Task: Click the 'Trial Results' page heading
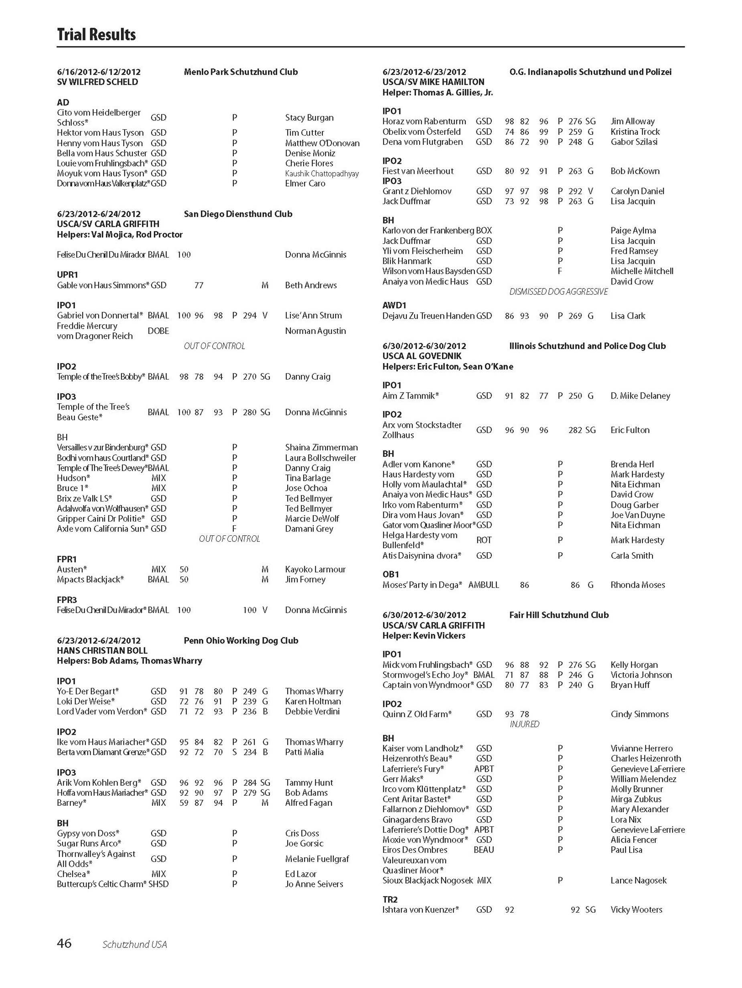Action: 96,35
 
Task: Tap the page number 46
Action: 64,943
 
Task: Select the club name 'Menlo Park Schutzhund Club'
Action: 241,72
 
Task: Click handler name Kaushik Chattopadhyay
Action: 321,174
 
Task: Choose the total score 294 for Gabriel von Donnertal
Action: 249,315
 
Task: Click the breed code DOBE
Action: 158,331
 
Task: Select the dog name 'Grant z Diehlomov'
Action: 417,191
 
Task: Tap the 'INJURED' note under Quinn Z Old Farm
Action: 524,724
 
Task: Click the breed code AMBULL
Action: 484,585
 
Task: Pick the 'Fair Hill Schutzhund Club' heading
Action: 559,615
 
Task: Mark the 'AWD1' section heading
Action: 394,305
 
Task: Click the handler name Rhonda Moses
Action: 638,585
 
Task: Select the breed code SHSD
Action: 158,884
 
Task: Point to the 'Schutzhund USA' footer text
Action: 134,944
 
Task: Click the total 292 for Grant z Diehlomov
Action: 575,191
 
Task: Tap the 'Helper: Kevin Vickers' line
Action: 423,636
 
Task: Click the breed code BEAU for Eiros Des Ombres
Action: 484,850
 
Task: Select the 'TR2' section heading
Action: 390,900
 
